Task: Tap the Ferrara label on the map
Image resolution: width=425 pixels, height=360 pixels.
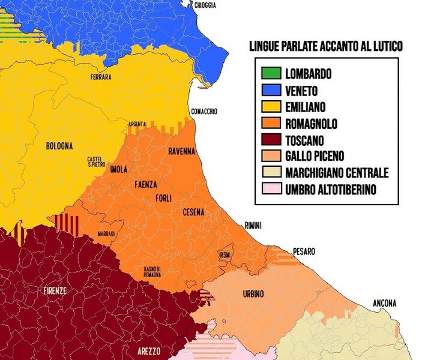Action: pos(100,77)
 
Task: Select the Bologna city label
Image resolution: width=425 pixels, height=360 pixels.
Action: pos(59,146)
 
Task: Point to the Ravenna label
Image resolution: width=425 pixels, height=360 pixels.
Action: pos(181,151)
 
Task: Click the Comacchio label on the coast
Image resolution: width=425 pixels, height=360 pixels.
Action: pos(204,112)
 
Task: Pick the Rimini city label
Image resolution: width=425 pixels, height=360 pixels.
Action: pos(253,225)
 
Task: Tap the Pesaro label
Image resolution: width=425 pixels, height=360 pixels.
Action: pos(304,252)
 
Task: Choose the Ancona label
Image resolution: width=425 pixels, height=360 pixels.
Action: pos(384,303)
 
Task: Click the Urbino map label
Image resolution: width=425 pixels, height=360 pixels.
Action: pos(253,293)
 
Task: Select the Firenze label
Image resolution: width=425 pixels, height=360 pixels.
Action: pos(55,291)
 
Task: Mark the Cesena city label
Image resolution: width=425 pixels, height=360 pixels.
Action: pos(193,212)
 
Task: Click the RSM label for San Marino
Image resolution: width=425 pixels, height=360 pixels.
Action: pos(225,254)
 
